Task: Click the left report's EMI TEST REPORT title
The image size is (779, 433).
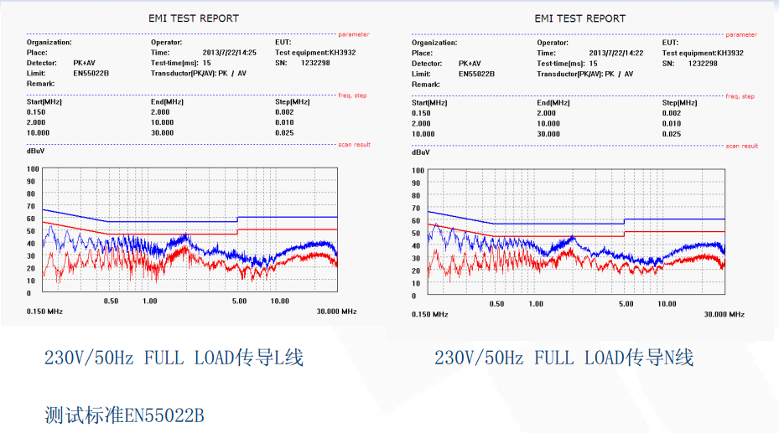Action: [x=194, y=18]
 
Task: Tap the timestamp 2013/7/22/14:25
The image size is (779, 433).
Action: [x=230, y=53]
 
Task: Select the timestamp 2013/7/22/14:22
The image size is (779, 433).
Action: [x=616, y=53]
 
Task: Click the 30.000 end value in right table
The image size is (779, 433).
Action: [x=548, y=134]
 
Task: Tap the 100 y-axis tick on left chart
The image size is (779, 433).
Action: [x=33, y=168]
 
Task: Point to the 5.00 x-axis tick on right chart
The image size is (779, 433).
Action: [x=626, y=304]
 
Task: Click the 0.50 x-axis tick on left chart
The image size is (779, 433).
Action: [x=111, y=301]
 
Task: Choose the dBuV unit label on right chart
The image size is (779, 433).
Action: [x=421, y=152]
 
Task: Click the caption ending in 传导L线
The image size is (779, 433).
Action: [x=174, y=358]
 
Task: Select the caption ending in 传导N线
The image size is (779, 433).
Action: [x=563, y=358]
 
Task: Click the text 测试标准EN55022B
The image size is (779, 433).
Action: [x=124, y=415]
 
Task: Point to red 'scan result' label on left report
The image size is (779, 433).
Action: [x=354, y=145]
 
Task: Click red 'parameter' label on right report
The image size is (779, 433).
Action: [x=740, y=34]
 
